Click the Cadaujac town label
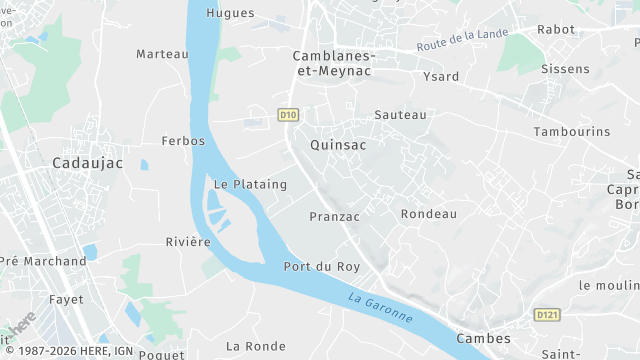point(88,161)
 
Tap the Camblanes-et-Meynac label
point(334,64)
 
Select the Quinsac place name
point(339,145)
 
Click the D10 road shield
point(288,115)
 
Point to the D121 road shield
point(546,315)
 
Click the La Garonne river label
point(381,308)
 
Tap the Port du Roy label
point(321,267)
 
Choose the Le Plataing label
point(250,184)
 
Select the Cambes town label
point(484,339)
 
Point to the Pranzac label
point(334,216)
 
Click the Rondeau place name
point(428,214)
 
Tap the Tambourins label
point(572,132)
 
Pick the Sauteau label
point(400,115)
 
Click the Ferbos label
point(183,141)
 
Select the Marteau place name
point(162,53)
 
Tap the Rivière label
point(188,242)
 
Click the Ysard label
point(441,77)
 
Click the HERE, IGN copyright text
point(66,351)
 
